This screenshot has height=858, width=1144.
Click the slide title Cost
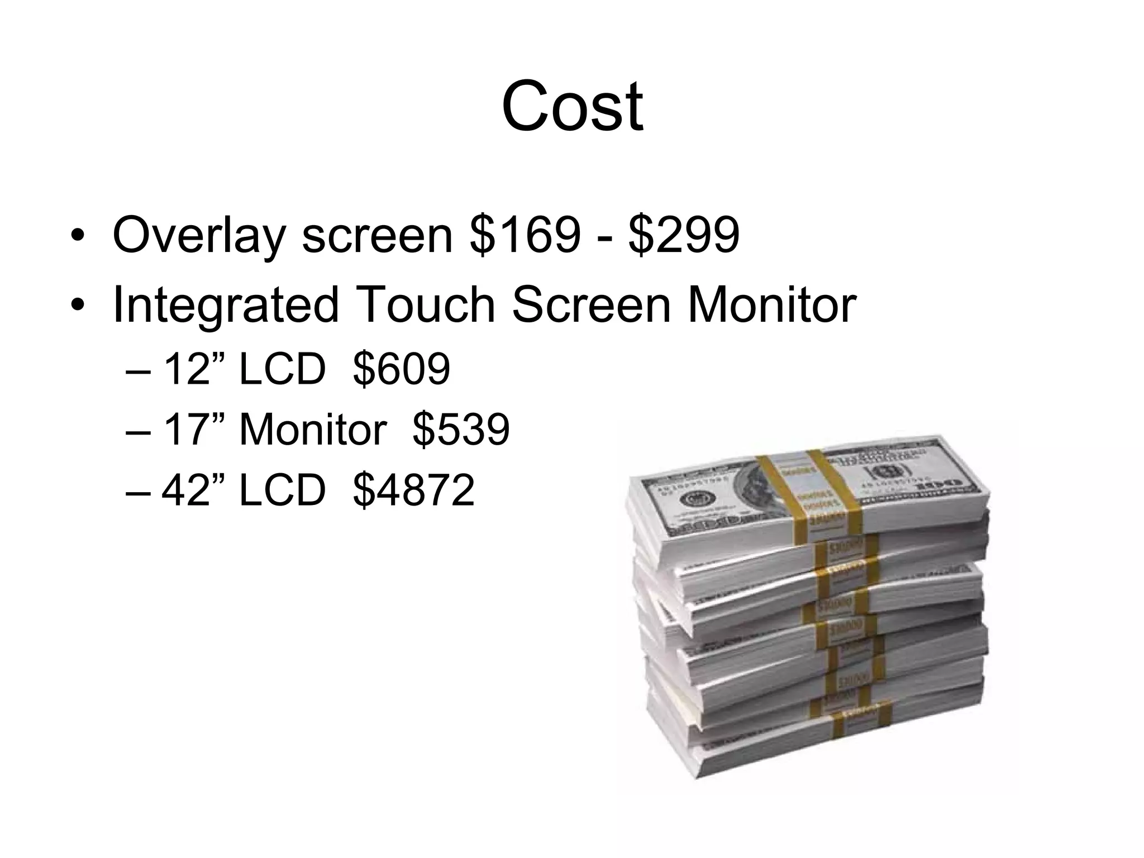[572, 106]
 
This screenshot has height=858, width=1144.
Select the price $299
[684, 235]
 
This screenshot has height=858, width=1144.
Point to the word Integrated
[226, 306]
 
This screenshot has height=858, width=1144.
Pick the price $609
[402, 369]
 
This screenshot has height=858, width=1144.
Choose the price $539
[461, 430]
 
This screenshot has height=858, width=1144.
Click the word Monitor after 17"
[313, 430]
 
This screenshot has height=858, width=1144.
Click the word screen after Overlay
[377, 236]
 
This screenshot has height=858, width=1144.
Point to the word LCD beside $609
[282, 369]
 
